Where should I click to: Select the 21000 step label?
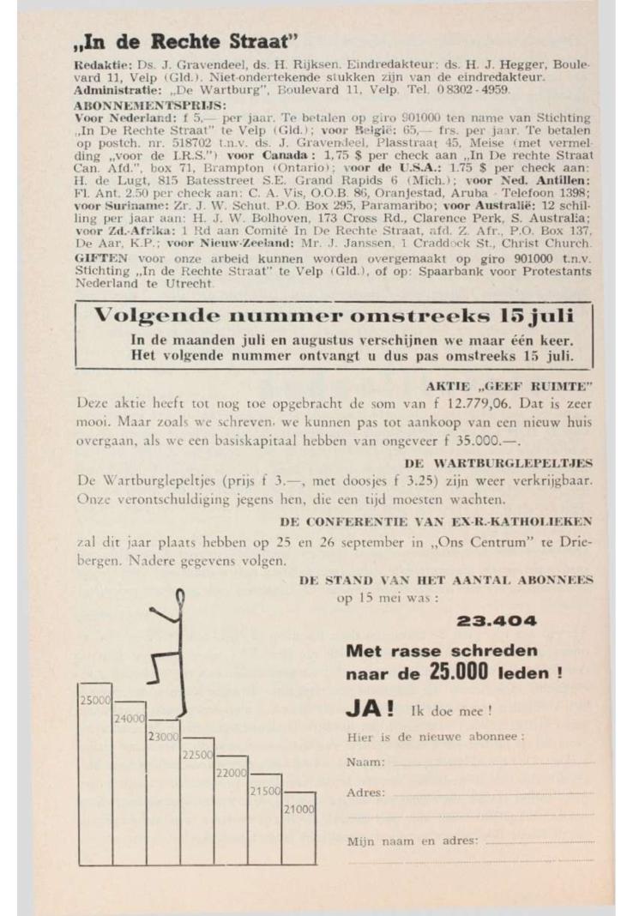click(301, 809)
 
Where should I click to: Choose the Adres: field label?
click(365, 792)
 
